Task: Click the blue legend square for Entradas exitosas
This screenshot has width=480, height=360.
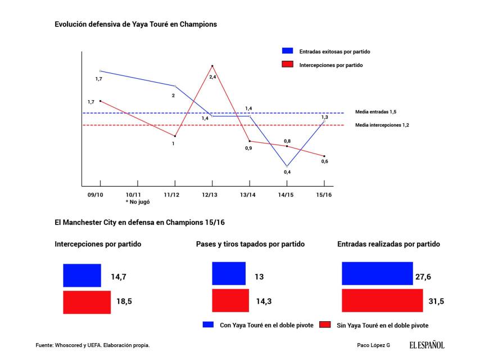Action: (287, 51)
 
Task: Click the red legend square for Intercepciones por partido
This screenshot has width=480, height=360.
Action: (287, 65)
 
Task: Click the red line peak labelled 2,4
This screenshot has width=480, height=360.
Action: (212, 66)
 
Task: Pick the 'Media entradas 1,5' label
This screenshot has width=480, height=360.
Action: (376, 112)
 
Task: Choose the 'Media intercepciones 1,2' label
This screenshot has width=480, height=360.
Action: (382, 125)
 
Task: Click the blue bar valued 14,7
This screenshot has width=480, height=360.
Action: (82, 276)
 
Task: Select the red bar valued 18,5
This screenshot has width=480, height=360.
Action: (87, 301)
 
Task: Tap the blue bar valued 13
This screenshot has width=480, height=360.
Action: (229, 273)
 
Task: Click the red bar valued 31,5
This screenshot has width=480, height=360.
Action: (382, 300)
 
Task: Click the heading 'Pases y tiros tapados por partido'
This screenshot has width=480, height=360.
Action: (250, 245)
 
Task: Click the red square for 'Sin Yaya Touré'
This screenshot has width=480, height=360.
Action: (324, 325)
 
